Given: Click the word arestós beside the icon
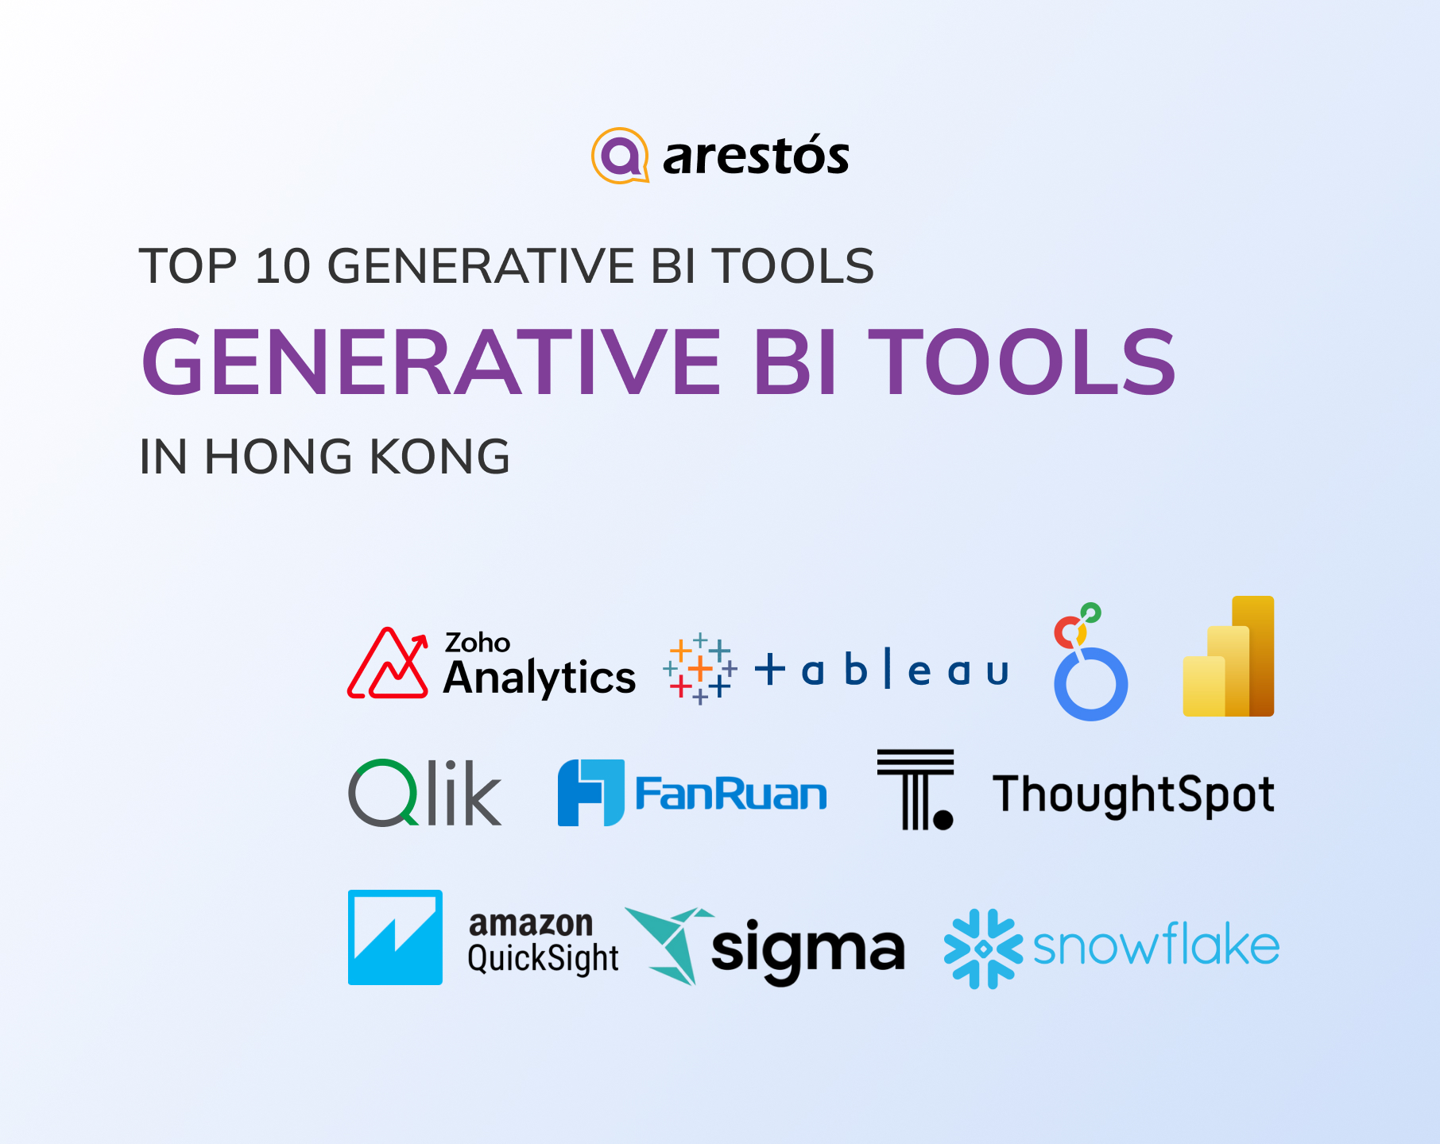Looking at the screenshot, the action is tap(756, 155).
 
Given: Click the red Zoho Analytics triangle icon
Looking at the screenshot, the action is tap(388, 663).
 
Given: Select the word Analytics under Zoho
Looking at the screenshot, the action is tap(540, 678).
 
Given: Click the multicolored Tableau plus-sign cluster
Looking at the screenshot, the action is tap(700, 669).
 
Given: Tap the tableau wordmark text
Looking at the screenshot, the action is tap(881, 669).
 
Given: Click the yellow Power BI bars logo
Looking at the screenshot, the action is tap(1229, 656).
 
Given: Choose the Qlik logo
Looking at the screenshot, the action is tap(425, 793).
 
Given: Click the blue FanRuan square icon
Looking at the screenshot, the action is tap(591, 793).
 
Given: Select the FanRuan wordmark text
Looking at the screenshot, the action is tap(731, 794).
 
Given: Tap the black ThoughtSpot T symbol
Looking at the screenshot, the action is tap(915, 790).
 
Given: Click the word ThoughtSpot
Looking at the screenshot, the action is tap(1134, 794).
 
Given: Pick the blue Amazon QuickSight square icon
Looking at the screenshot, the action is tap(395, 937).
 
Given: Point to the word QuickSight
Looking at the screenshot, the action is tap(543, 958).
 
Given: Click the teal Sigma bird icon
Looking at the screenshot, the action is tap(669, 945).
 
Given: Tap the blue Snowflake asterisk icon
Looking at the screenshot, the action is tap(983, 949).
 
